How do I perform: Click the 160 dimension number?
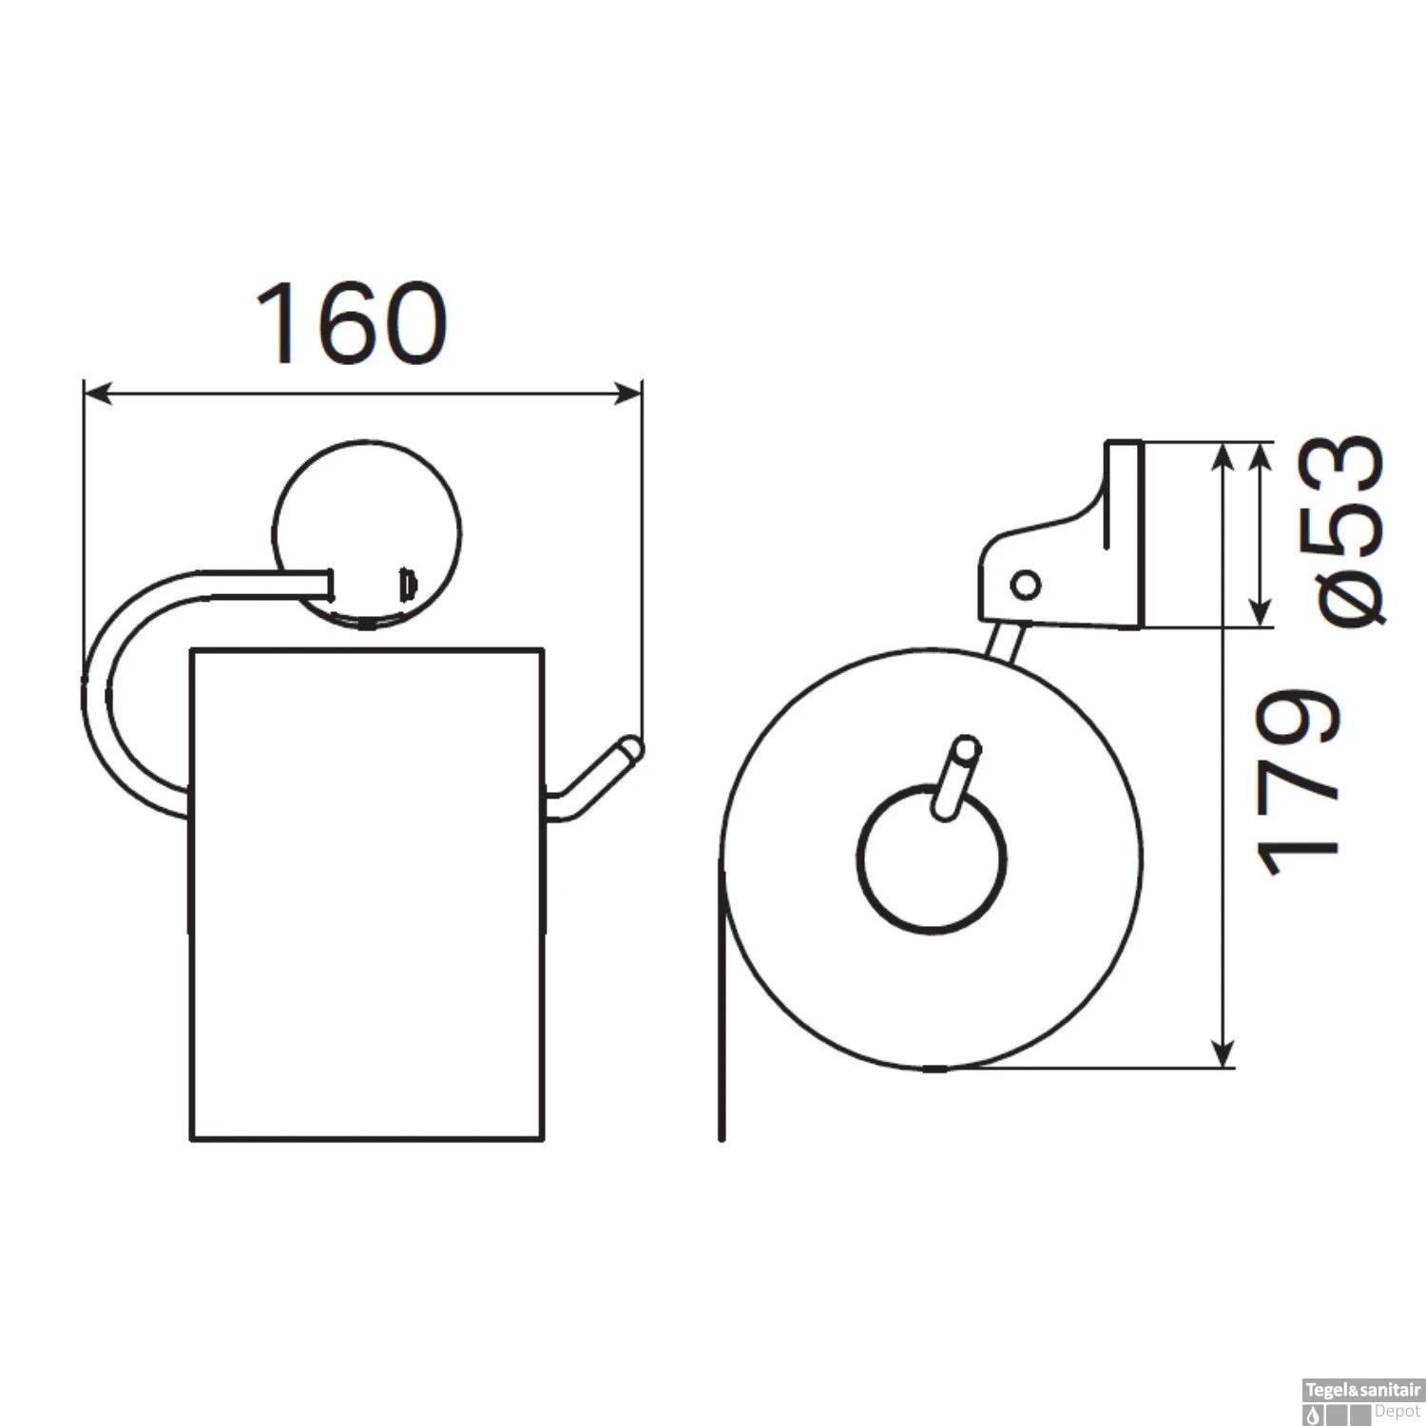[x=352, y=322]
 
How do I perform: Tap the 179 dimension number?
[x=1299, y=783]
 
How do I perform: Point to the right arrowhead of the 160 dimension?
[x=627, y=394]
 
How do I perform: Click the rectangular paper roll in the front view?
[x=367, y=894]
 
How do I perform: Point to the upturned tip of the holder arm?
[x=629, y=748]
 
